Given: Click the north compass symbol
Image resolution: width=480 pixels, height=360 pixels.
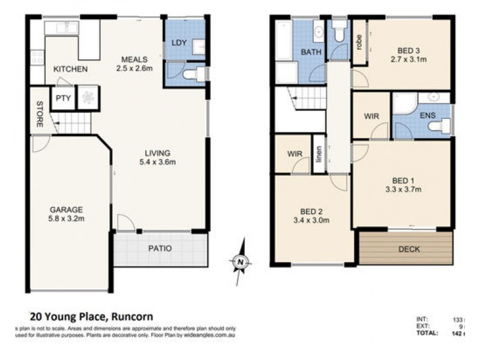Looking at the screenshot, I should [239, 262].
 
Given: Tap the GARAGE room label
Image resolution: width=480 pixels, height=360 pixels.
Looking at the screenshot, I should [66, 209].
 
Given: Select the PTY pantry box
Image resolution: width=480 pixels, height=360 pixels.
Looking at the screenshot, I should [62, 98].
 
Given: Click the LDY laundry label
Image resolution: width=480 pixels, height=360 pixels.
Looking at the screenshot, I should [179, 43].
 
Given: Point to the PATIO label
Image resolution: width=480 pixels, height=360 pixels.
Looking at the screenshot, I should [160, 248].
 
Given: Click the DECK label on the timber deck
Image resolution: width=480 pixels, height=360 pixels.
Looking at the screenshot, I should [409, 249].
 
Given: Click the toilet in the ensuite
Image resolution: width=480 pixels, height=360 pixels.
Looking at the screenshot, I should [443, 126].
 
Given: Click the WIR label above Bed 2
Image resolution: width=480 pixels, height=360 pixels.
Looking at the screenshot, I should [294, 154].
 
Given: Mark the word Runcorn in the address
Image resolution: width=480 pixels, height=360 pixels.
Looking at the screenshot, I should [131, 316].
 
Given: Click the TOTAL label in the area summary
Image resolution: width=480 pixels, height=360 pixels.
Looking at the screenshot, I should [427, 332].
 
